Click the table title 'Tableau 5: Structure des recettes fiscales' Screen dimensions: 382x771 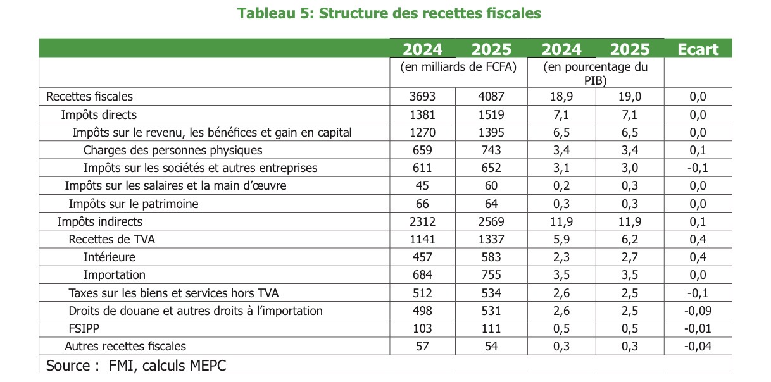(x=389, y=13)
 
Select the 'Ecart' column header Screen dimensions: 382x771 (x=698, y=49)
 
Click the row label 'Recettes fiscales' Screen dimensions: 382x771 (x=89, y=96)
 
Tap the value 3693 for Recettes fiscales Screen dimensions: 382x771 (x=423, y=96)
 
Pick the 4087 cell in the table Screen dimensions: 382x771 (x=490, y=96)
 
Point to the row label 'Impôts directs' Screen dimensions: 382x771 (x=99, y=114)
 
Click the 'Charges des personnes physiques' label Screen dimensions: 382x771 (x=173, y=150)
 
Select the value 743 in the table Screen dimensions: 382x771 (x=490, y=150)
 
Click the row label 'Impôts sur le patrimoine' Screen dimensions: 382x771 (x=134, y=204)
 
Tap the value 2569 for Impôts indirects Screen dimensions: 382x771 (x=490, y=221)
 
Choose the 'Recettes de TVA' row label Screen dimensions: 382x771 (x=111, y=239)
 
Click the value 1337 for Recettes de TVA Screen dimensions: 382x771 (x=490, y=239)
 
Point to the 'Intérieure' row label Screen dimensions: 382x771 (x=110, y=257)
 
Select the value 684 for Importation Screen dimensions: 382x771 (x=423, y=274)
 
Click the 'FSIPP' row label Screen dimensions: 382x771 (x=85, y=328)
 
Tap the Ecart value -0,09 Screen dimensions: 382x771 (x=698, y=311)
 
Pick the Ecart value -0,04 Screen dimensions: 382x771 (x=698, y=346)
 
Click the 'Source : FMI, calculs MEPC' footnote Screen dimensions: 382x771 (x=136, y=365)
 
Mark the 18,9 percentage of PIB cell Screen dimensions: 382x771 (x=561, y=96)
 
